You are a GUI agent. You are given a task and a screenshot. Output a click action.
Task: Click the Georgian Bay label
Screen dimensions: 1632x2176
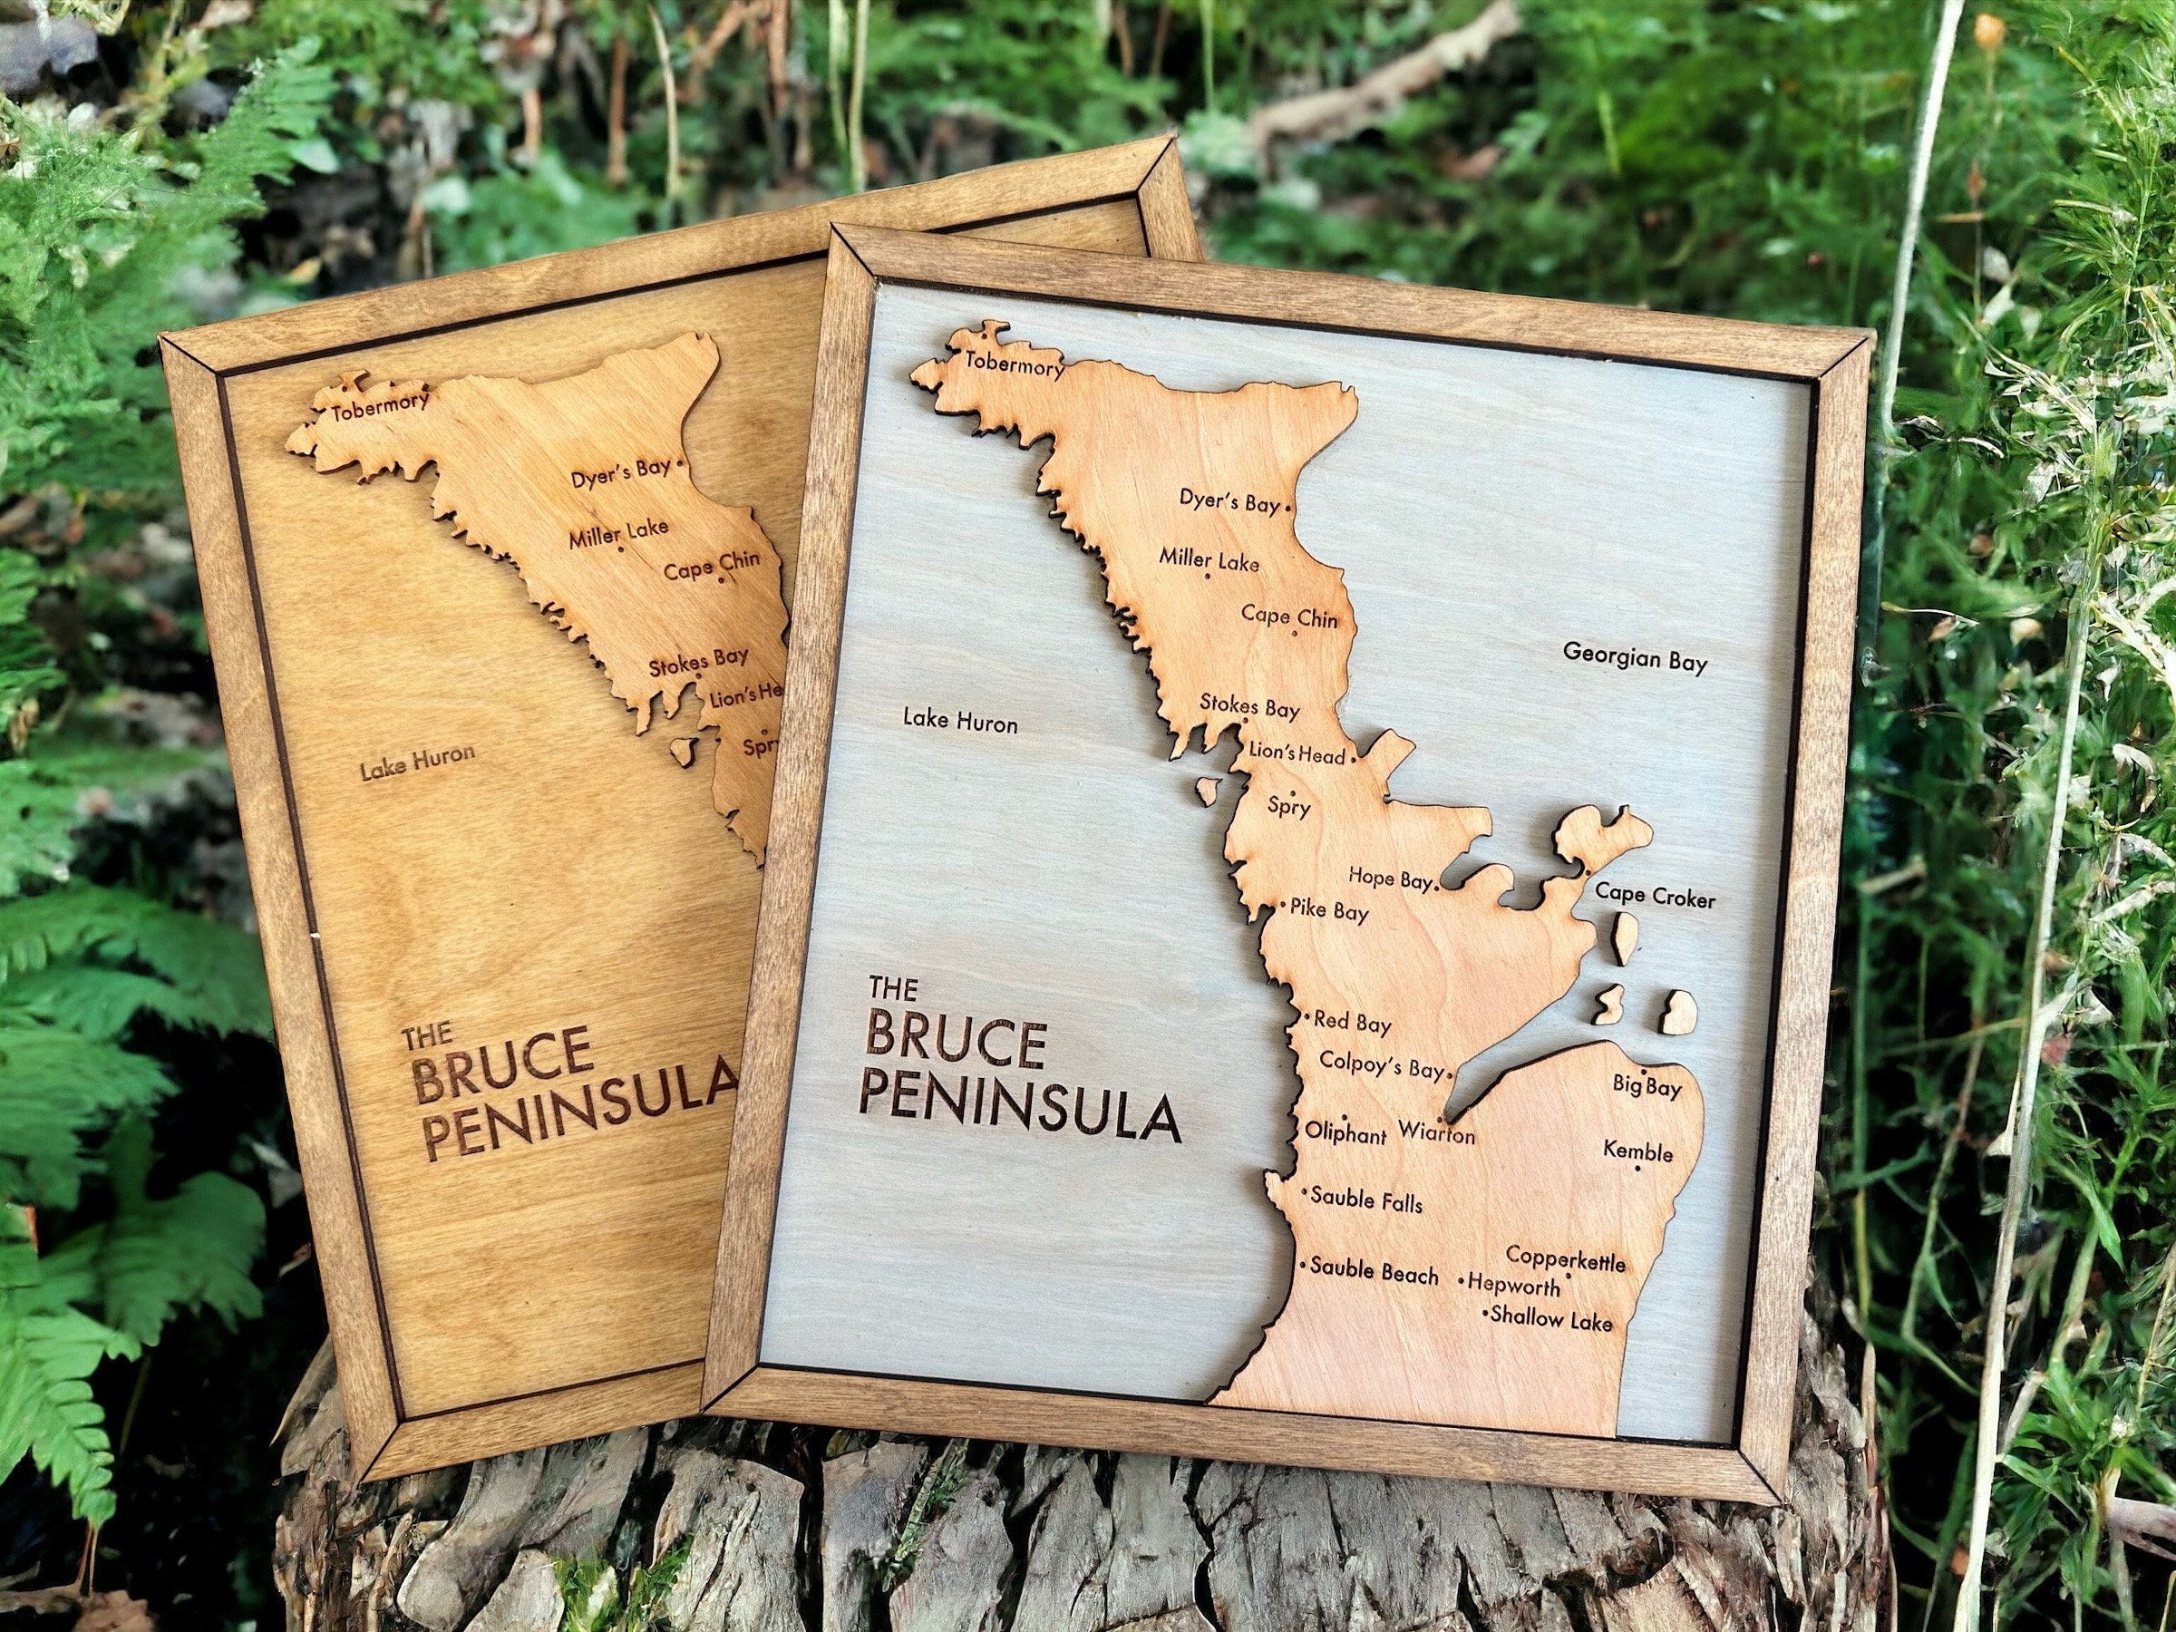pos(1635,658)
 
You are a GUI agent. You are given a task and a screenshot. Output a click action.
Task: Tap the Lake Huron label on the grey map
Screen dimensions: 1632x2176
pos(960,722)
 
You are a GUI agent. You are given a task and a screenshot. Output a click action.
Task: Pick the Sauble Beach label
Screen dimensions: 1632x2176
pos(1374,1272)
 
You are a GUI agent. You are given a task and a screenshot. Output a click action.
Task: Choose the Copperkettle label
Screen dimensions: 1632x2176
pos(1565,1259)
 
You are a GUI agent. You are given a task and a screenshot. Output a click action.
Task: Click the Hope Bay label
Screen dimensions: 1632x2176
pos(1389,878)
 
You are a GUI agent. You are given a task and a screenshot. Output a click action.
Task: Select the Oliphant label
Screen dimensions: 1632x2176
pos(1345,1133)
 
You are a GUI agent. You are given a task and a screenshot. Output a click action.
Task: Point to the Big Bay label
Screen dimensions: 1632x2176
pos(1647,1087)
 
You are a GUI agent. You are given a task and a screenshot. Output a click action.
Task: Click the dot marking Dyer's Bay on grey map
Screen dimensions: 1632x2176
pos(1288,508)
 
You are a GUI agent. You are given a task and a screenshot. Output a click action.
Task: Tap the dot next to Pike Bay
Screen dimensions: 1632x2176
pos(1283,903)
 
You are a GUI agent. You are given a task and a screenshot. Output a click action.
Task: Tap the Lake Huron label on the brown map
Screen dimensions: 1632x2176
pos(417,763)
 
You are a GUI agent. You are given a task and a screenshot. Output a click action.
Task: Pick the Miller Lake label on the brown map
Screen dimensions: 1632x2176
pos(617,532)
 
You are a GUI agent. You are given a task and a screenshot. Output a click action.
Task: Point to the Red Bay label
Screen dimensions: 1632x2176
pos(1353,1023)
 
